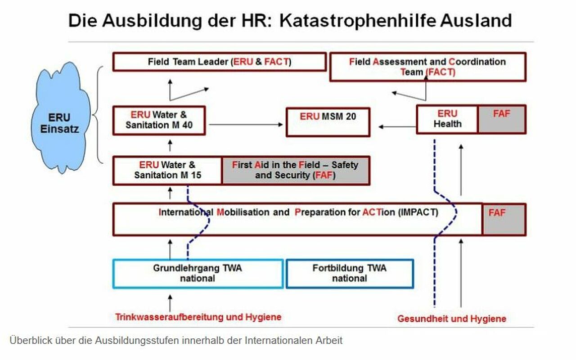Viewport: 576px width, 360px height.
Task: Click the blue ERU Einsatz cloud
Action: pyautogui.click(x=60, y=118)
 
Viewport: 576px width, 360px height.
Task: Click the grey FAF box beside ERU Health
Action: pyautogui.click(x=502, y=119)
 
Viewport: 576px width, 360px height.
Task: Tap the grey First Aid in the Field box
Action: pyautogui.click(x=296, y=170)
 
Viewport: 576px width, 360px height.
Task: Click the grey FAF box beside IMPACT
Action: pyautogui.click(x=504, y=219)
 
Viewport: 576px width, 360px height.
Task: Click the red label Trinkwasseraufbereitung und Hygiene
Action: pyautogui.click(x=198, y=317)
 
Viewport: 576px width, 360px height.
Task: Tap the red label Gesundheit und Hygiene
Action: pyautogui.click(x=452, y=319)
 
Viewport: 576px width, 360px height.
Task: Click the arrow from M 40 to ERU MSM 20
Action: pyautogui.click(x=246, y=125)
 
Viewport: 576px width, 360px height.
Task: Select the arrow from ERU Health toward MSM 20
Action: pyautogui.click(x=397, y=127)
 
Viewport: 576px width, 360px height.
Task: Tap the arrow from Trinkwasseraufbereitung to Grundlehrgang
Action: pyautogui.click(x=170, y=303)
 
